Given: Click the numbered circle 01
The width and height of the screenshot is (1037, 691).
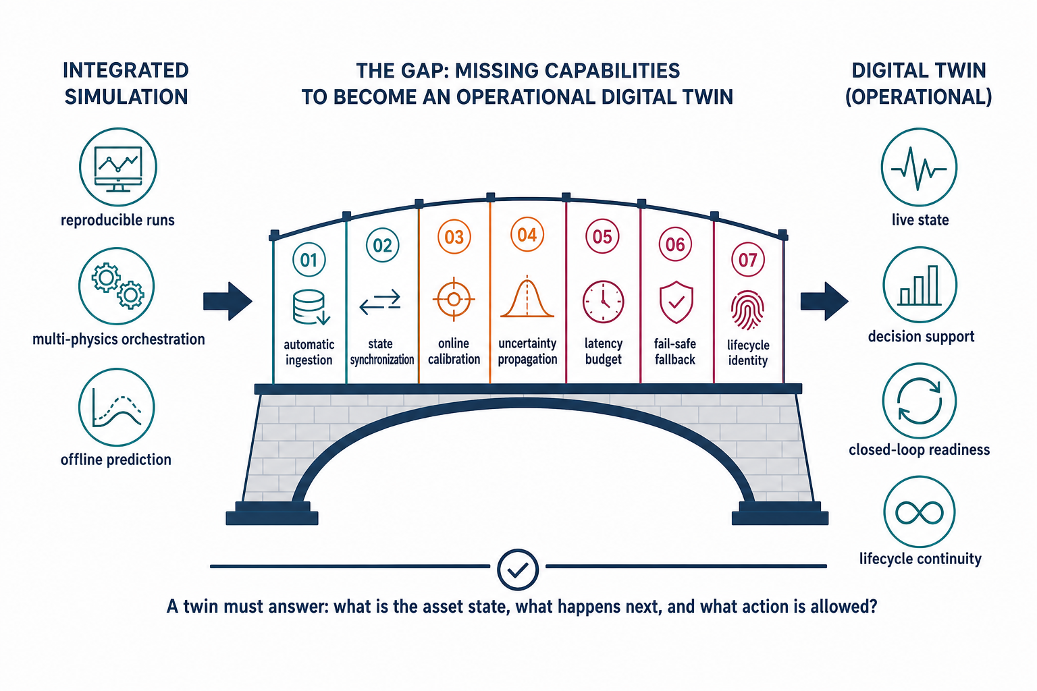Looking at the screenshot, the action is tap(309, 260).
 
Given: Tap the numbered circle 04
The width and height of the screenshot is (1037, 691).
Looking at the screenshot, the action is tap(527, 235).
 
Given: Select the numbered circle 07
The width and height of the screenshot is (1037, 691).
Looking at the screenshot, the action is tap(747, 260).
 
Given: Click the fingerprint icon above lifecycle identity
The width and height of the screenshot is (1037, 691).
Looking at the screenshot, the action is tap(747, 310).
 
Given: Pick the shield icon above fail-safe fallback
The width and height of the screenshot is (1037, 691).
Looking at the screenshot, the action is tap(676, 302).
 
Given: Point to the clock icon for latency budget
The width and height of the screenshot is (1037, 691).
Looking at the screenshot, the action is tap(603, 301).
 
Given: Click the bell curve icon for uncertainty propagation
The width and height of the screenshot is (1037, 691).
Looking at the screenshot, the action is tap(527, 297).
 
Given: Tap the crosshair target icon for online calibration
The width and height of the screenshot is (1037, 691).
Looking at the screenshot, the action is tap(454, 300).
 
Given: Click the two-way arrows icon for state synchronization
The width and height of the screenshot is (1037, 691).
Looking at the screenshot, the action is tap(380, 302).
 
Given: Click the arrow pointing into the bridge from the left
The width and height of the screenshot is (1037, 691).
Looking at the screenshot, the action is tap(228, 301).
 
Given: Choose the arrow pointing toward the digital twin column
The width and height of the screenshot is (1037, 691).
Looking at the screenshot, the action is tap(824, 301).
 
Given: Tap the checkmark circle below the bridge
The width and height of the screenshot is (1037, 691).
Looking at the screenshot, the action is tap(518, 570).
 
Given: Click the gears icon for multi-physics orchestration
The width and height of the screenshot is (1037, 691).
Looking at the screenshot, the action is tap(116, 285).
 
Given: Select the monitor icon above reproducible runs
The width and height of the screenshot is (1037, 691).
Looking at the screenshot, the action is tap(117, 167).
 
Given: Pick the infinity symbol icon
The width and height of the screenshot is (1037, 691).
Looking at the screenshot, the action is tap(919, 512).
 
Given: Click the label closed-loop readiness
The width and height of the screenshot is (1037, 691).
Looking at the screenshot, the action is tap(919, 450).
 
